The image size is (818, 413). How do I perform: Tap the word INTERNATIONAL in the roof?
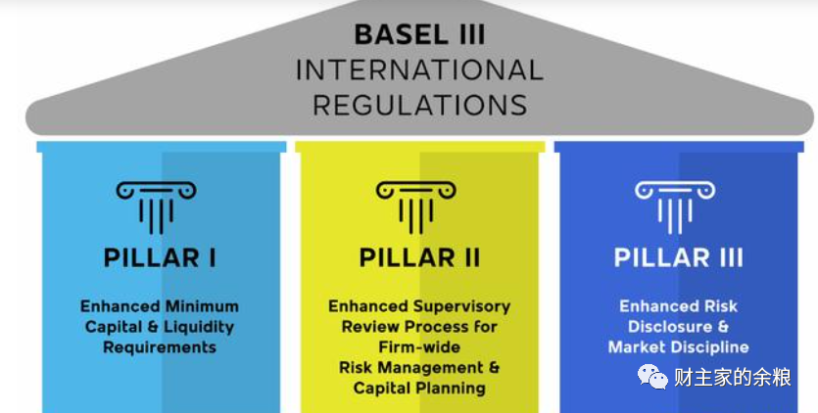(419, 69)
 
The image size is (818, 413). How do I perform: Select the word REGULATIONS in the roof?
(420, 105)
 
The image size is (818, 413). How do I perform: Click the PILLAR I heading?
(160, 257)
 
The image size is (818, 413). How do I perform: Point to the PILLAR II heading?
(419, 257)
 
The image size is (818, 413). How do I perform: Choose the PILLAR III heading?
(678, 257)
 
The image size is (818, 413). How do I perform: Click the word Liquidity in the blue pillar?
(199, 327)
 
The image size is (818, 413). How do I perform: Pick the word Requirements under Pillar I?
(160, 347)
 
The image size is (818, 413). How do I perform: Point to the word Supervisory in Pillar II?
(461, 306)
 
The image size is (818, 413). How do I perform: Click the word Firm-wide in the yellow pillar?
(419, 346)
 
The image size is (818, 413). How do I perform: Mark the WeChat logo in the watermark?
(652, 377)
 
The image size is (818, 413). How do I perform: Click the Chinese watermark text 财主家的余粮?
(733, 377)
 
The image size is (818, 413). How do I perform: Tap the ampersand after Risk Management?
(494, 367)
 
